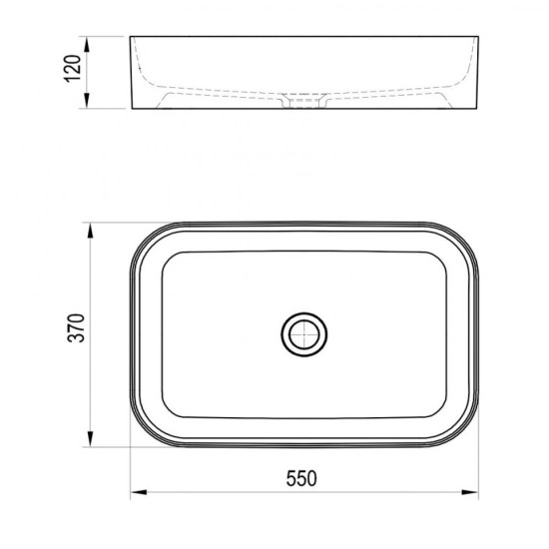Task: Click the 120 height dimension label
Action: pyautogui.click(x=73, y=68)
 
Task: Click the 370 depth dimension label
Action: pyautogui.click(x=76, y=327)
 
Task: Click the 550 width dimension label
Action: pyautogui.click(x=301, y=478)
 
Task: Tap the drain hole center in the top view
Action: pyautogui.click(x=304, y=334)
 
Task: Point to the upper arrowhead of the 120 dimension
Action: pyautogui.click(x=87, y=45)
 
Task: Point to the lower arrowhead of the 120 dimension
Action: pyautogui.click(x=87, y=100)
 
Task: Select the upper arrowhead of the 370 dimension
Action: pyautogui.click(x=90, y=231)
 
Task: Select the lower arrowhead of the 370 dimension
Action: pyautogui.click(x=90, y=439)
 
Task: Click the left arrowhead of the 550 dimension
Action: pyautogui.click(x=139, y=492)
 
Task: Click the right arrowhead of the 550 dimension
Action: pyautogui.click(x=470, y=492)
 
